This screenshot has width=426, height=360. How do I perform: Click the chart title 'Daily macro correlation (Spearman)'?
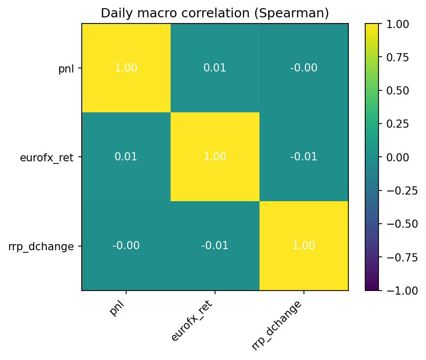215,13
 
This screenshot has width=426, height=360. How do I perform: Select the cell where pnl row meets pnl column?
126,68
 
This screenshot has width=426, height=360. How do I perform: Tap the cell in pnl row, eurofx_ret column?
215,68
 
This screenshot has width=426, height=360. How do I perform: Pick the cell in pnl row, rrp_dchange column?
304,68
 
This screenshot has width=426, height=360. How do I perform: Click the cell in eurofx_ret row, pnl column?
126,157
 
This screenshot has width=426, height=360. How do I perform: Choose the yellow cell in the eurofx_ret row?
215,157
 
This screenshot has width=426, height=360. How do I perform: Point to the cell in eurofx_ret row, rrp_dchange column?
304,157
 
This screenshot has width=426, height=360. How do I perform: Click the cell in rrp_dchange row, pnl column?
126,246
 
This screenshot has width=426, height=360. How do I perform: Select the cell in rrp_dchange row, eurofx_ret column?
215,246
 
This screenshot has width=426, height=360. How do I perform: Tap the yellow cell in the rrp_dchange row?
304,246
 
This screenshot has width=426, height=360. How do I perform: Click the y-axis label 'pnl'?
66,68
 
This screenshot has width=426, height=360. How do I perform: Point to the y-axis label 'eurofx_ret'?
46,157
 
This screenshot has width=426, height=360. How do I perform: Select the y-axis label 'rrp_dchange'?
41,246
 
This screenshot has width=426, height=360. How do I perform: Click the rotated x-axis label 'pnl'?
118,308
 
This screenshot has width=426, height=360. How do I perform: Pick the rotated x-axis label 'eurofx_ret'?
192,321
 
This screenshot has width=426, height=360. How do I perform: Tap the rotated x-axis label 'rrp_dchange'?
276,325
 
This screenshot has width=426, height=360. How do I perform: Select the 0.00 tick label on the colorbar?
401,157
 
